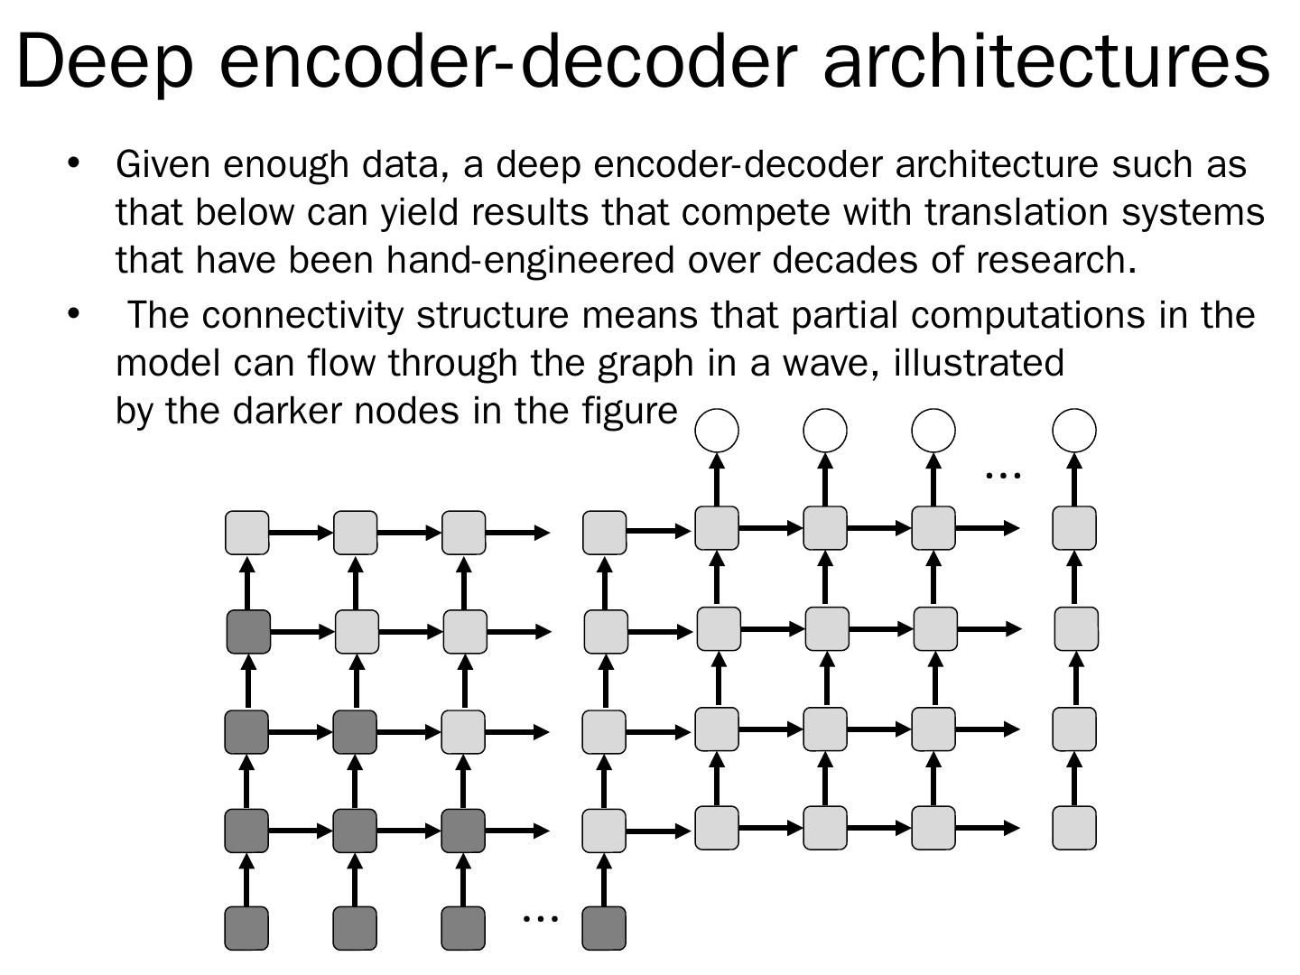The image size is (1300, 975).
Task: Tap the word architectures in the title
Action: coord(1047,61)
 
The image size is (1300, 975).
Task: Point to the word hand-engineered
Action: coord(530,260)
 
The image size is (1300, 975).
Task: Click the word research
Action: coord(1055,260)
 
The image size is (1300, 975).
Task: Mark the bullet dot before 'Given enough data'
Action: coord(74,164)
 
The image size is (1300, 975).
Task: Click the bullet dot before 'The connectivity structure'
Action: coord(74,314)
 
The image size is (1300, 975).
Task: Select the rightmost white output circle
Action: coord(1074,430)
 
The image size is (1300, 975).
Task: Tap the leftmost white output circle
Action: coord(717,430)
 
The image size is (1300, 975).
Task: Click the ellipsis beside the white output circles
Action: coord(1002,473)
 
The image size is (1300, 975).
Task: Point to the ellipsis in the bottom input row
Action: coord(541,917)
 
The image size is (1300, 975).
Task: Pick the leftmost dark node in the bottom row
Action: coord(246,928)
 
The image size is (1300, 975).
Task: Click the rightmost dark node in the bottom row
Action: coord(604,928)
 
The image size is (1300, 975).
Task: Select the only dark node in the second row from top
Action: coord(248,631)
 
